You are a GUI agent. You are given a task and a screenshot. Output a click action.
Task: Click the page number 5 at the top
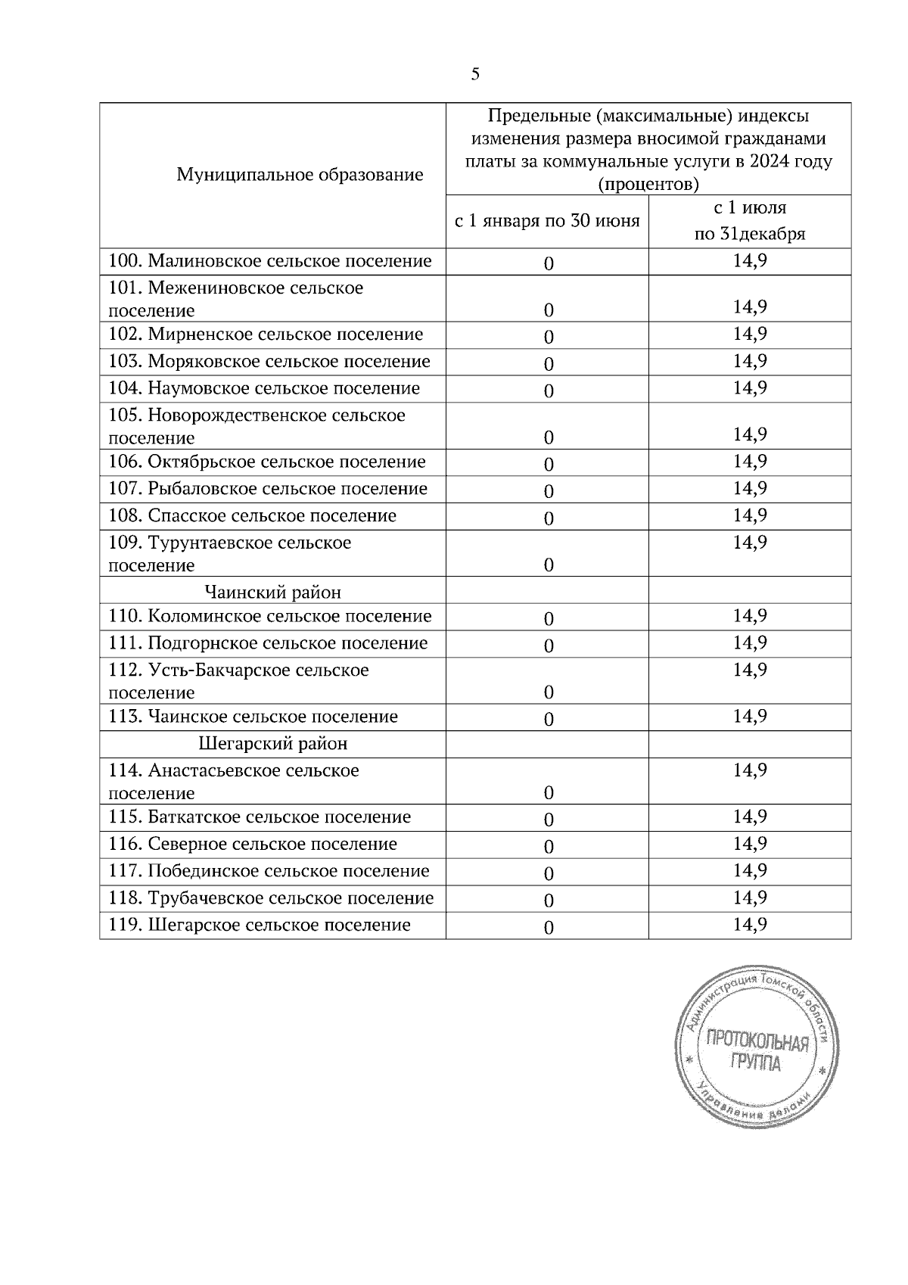point(475,74)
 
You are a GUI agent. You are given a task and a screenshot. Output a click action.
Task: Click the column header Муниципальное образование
point(300,176)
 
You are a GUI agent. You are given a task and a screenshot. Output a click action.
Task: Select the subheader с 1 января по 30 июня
point(546,221)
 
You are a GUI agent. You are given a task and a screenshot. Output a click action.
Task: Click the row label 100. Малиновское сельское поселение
point(270,261)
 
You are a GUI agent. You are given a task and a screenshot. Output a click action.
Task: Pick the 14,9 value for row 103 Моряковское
point(749,361)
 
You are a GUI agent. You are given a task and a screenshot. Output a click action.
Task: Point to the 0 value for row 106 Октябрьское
point(549,464)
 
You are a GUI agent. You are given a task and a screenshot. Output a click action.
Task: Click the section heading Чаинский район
point(272,593)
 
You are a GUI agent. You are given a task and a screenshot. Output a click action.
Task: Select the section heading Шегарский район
point(272,744)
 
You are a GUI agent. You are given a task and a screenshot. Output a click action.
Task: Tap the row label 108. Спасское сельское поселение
point(253,516)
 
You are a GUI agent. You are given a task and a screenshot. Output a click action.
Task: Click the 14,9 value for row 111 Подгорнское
point(749,643)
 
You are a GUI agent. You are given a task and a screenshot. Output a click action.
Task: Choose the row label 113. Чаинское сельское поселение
point(253,717)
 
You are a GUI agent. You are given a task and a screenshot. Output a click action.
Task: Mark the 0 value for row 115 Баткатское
point(549,820)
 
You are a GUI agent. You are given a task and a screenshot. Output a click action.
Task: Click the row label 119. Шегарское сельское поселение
point(260,925)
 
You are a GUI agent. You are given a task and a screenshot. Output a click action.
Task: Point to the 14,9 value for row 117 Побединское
point(749,871)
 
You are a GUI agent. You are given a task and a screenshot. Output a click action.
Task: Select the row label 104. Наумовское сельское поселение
point(264,388)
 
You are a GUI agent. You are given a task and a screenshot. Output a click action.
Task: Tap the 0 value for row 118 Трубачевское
point(549,901)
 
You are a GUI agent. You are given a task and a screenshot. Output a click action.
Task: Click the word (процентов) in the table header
point(648,184)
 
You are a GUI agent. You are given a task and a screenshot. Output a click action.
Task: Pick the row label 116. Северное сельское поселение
point(253,844)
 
